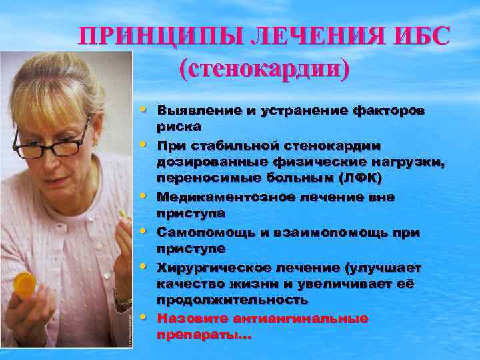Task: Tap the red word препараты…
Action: pyautogui.click(x=204, y=336)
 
